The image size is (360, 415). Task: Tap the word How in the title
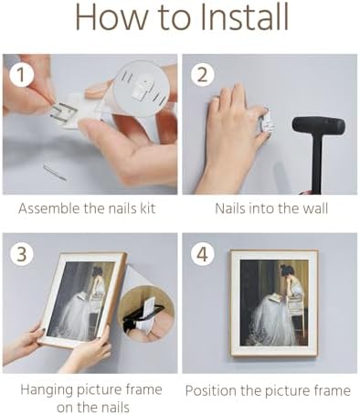click(111, 17)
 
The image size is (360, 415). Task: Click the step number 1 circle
click(21, 75)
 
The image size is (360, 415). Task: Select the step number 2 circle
click(203, 75)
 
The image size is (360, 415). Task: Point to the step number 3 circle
click(21, 254)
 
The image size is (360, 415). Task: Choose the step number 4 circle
click(203, 254)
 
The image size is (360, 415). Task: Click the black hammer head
click(318, 125)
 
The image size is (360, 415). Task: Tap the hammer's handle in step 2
click(317, 164)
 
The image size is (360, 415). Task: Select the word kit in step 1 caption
click(147, 208)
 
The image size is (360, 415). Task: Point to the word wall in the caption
click(315, 208)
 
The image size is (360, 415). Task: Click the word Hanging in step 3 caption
click(47, 390)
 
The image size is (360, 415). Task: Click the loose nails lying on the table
click(55, 172)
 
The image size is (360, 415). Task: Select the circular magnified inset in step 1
click(141, 89)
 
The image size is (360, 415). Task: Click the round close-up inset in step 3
click(146, 314)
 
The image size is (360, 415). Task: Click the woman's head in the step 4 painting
click(287, 271)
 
